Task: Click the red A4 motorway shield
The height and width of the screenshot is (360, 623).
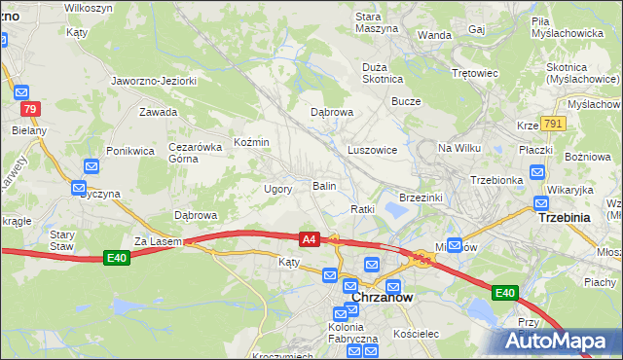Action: coord(309,238)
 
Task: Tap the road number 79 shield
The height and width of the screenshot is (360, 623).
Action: coord(32,109)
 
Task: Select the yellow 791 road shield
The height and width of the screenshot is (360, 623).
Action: coord(554,124)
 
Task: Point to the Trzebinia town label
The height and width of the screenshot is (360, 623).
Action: coord(565,218)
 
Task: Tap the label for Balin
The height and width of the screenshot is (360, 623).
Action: coord(324,185)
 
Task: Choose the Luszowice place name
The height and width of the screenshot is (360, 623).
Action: coord(372,150)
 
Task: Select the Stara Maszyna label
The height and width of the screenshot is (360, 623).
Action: coord(376,22)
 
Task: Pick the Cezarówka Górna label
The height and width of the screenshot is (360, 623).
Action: coord(190,152)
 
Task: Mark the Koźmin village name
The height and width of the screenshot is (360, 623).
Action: coord(251,142)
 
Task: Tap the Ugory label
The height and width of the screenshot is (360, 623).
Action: coord(278,189)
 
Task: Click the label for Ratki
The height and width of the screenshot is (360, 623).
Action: coord(363,209)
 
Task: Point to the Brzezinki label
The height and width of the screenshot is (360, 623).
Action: coord(421,197)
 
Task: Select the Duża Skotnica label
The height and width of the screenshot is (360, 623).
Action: coord(383,73)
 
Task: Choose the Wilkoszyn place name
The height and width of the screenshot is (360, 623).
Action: coord(91,7)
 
